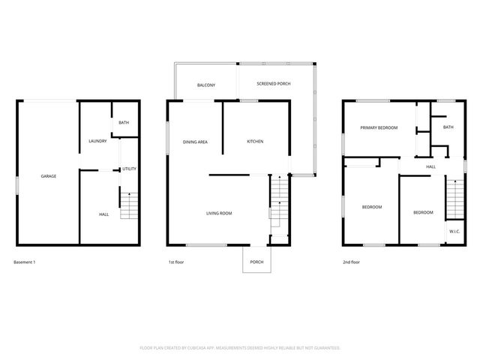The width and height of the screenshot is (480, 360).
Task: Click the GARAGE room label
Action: pyautogui.click(x=48, y=176)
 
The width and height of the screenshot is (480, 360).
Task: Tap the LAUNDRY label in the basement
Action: pyautogui.click(x=97, y=141)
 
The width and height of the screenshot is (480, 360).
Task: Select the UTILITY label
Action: pyautogui.click(x=129, y=169)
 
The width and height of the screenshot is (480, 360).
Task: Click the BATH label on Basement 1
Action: pyautogui.click(x=124, y=124)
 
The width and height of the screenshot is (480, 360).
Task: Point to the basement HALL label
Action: pyautogui.click(x=103, y=214)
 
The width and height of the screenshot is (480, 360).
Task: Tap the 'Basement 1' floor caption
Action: pyautogui.click(x=25, y=262)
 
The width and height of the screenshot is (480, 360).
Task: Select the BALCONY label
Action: pyautogui.click(x=206, y=85)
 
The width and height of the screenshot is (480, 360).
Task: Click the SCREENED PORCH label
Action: pyautogui.click(x=273, y=83)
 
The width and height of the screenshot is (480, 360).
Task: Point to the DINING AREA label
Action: pyautogui.click(x=195, y=142)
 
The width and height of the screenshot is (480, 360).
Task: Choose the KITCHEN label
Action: pyautogui.click(x=255, y=142)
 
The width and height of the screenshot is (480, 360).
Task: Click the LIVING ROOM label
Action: pyautogui.click(x=219, y=214)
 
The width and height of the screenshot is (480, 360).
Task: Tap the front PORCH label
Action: pyautogui.click(x=256, y=262)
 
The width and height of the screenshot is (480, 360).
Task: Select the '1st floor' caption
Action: pyautogui.click(x=177, y=262)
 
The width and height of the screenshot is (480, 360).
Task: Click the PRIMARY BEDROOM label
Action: pyautogui.click(x=379, y=128)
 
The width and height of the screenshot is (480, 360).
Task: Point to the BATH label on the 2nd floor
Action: pyautogui.click(x=448, y=127)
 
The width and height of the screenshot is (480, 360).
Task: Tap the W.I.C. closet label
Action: pyautogui.click(x=454, y=232)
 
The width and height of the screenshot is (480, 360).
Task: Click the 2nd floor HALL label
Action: pyautogui.click(x=431, y=166)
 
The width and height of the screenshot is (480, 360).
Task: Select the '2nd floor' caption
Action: pyautogui.click(x=352, y=262)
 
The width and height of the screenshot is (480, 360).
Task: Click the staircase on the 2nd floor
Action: pyautogui.click(x=455, y=199)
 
